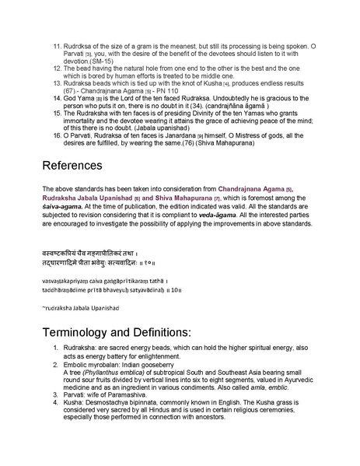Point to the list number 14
point(57,100)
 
